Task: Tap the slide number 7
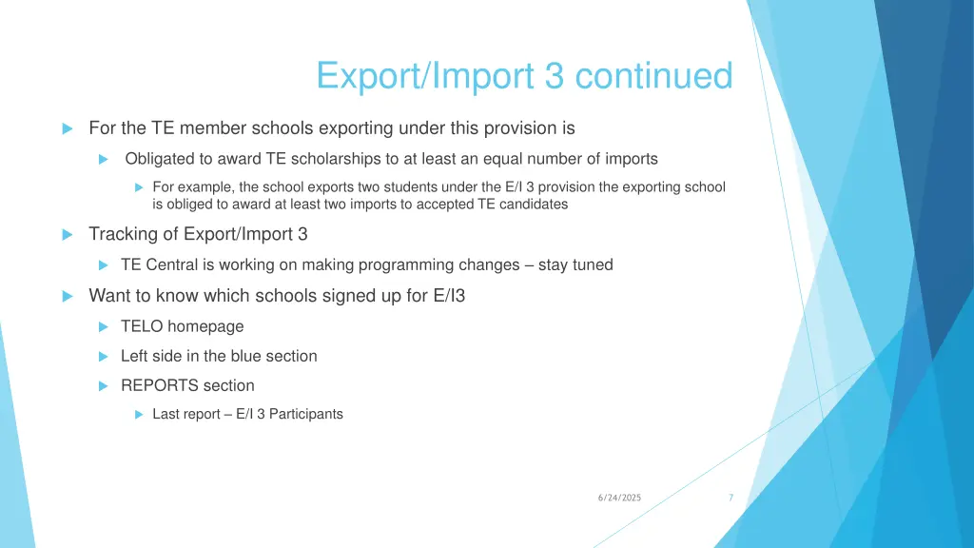(730, 498)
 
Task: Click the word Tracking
(120, 234)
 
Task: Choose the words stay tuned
(575, 264)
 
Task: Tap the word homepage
(205, 326)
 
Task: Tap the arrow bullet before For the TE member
(68, 128)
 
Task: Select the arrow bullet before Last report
(138, 415)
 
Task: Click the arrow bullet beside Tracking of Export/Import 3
(68, 234)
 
